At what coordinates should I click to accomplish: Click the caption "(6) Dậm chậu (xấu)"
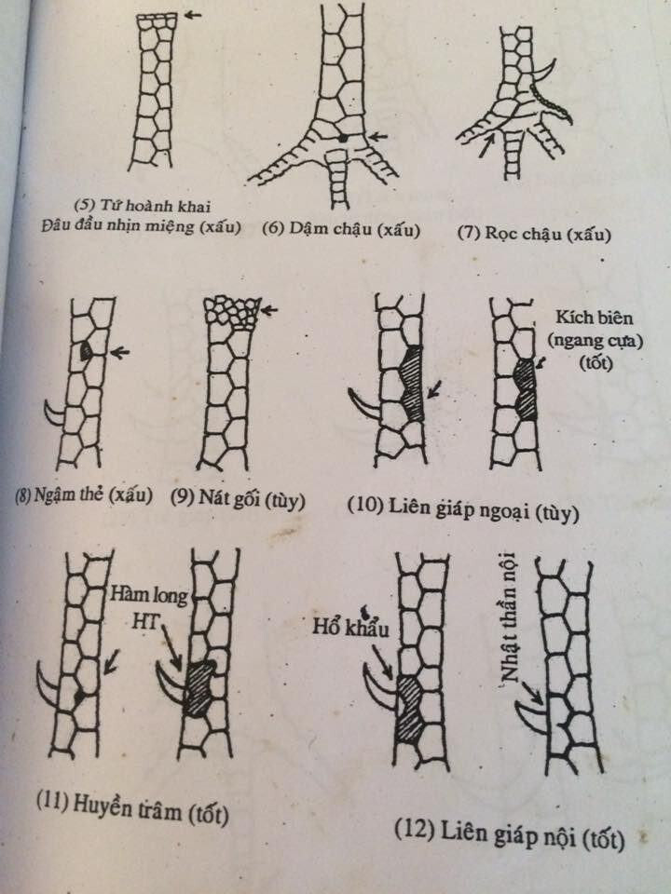click(x=341, y=229)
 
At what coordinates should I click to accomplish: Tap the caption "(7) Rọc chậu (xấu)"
click(x=534, y=234)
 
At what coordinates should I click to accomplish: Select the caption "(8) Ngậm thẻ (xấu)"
click(x=83, y=494)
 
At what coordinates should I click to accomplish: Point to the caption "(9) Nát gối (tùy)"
click(x=238, y=499)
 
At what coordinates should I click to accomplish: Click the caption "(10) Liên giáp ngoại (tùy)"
click(x=463, y=508)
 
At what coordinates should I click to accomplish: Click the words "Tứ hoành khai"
click(x=142, y=205)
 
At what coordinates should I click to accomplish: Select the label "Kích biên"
click(x=595, y=317)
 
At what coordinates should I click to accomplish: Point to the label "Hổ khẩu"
click(x=350, y=627)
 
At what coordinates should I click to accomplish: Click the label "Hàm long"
click(x=149, y=595)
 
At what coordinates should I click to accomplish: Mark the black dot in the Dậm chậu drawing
click(x=342, y=138)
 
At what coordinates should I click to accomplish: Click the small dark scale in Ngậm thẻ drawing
click(x=86, y=351)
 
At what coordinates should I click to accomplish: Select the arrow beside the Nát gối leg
click(x=268, y=311)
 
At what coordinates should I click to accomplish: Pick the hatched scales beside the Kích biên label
click(x=525, y=389)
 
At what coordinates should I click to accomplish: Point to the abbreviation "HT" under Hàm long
click(x=145, y=620)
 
